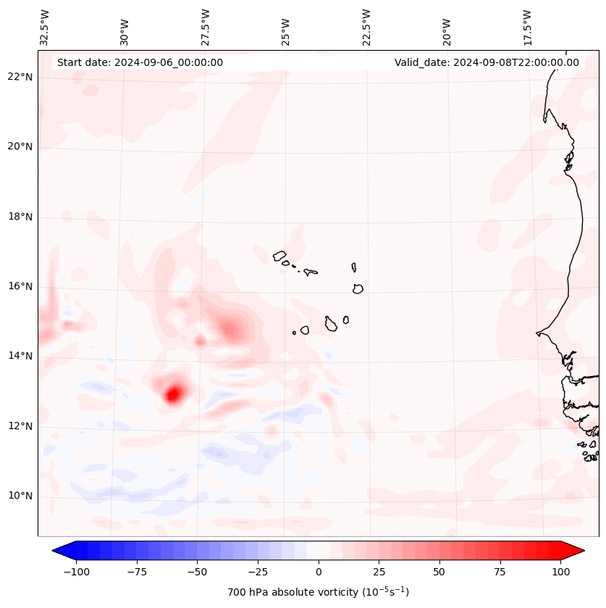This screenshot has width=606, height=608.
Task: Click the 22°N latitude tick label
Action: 21,77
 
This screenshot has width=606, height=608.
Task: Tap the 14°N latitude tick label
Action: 21,356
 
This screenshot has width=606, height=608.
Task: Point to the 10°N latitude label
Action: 21,496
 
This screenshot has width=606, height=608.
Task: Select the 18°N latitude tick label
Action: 21,217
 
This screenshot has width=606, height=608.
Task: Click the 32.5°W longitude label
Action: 45,27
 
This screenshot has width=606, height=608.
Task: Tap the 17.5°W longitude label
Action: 528,27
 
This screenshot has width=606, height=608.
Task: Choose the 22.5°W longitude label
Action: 366,27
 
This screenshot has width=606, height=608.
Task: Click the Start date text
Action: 140,62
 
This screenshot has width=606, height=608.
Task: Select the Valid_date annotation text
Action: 487,62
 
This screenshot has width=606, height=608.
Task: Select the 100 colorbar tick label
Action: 560,572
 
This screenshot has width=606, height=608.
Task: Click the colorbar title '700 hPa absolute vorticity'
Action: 319,592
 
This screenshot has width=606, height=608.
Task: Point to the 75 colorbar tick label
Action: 500,572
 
